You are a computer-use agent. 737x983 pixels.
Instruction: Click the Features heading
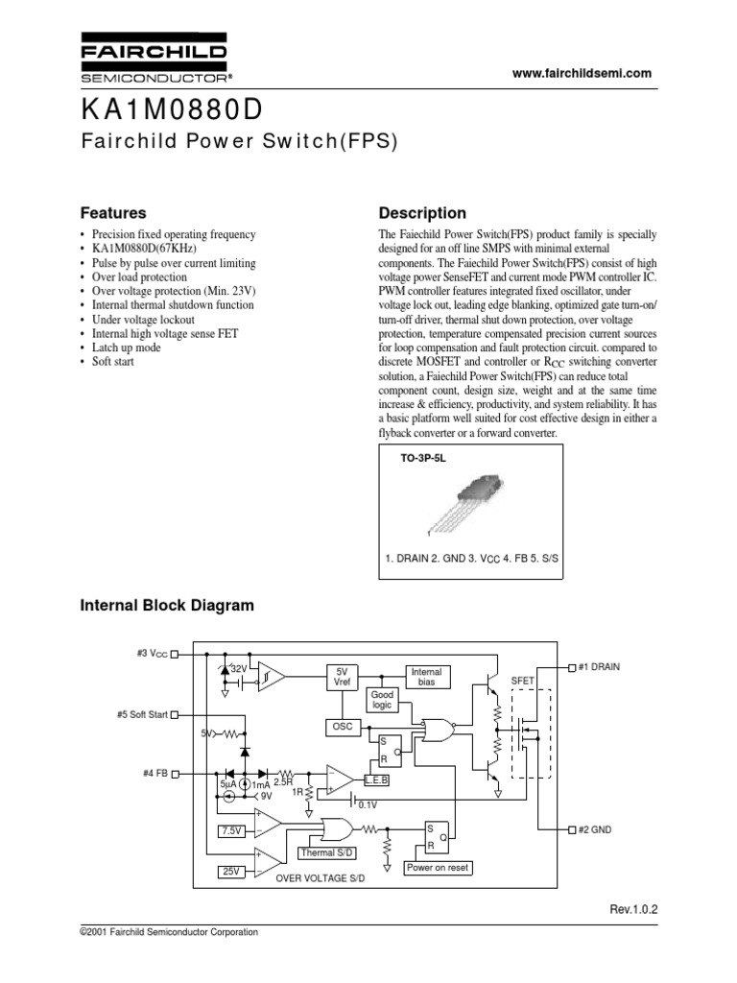click(111, 213)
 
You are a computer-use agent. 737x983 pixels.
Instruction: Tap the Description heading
click(422, 213)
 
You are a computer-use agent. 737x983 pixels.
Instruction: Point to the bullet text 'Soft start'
click(113, 362)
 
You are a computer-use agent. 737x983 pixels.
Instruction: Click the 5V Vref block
click(343, 676)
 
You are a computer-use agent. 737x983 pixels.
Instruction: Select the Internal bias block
click(428, 677)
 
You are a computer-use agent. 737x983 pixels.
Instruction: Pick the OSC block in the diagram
click(343, 727)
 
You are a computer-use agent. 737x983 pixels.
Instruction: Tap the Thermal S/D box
click(330, 852)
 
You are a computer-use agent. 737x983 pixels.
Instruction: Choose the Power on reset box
click(438, 867)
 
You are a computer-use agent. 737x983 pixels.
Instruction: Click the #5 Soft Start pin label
click(139, 714)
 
